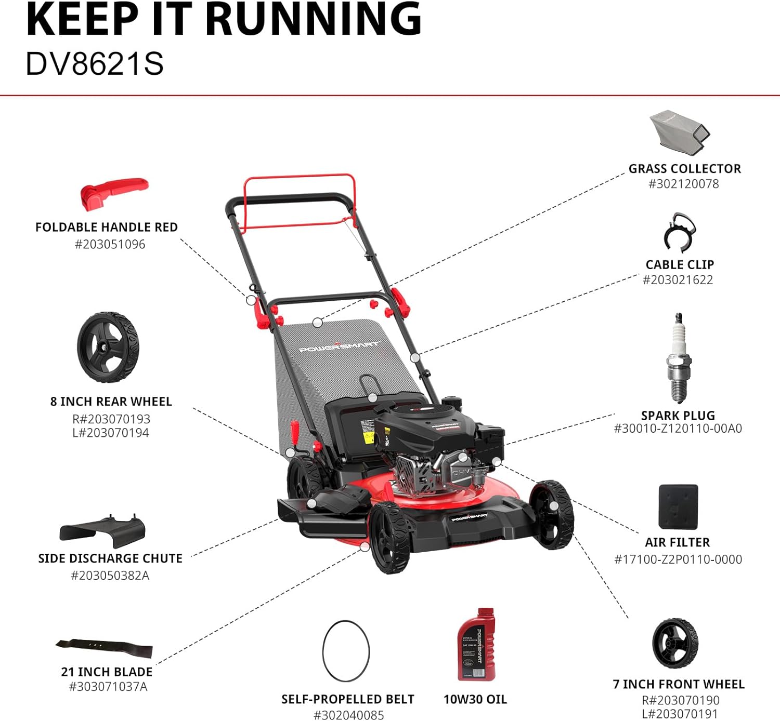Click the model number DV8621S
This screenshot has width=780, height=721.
95,64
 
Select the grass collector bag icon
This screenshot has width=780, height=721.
679,131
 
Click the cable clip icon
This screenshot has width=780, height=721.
679,233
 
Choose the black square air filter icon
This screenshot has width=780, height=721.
678,507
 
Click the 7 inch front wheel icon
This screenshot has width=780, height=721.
675,643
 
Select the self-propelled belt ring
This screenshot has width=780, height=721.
346,651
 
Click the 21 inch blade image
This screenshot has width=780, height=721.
105,648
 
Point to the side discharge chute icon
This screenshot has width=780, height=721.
102,531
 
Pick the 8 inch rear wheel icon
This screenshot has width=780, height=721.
108,347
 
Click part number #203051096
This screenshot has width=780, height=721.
110,244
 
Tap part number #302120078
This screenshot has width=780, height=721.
683,184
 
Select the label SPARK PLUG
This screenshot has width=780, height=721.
678,416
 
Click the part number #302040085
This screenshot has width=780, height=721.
348,715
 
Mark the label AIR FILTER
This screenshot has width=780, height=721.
677,542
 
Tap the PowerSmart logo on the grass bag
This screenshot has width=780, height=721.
339,346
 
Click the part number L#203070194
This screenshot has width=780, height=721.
111,433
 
